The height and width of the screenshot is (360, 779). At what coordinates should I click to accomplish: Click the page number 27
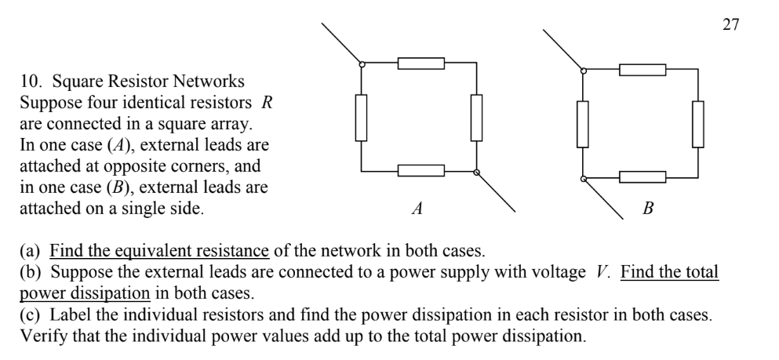point(731,24)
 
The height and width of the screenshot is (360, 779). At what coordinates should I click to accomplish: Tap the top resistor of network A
point(421,63)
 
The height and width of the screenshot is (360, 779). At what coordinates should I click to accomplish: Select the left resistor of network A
point(361,118)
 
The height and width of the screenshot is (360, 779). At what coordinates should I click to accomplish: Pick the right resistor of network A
point(476,118)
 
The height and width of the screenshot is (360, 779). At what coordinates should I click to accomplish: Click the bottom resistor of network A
point(421,170)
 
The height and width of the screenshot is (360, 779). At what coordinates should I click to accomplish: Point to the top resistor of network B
point(642,70)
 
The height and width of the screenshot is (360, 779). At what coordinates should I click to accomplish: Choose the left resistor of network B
point(583,124)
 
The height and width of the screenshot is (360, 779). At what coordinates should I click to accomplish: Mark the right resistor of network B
point(698,124)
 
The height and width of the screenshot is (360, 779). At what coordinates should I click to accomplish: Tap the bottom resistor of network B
point(642,176)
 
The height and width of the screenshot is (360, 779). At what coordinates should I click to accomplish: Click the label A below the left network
point(417,209)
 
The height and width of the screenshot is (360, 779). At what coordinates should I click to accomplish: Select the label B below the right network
point(648,209)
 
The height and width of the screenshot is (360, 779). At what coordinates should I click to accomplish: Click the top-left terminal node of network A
point(362,64)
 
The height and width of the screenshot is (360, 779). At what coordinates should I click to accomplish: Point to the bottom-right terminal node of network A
point(476,173)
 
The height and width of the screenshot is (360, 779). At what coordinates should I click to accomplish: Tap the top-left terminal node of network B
point(583,71)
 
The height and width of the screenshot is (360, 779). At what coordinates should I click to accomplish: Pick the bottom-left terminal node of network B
point(583,179)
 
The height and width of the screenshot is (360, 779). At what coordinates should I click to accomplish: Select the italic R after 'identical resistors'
point(267,102)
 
